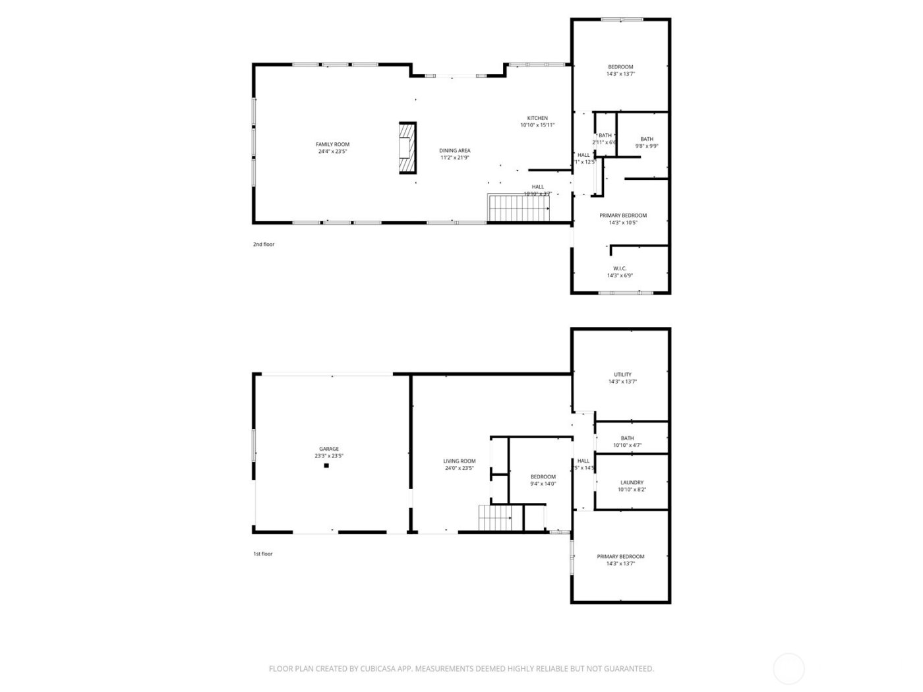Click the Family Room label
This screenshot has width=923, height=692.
click(332, 144)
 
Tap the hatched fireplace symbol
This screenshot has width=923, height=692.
click(408, 148)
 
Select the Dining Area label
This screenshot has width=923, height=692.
click(455, 150)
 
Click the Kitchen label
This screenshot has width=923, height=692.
click(537, 118)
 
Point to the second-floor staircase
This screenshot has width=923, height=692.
click(519, 208)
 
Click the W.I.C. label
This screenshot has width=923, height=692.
click(620, 268)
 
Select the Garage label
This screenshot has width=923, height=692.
click(329, 449)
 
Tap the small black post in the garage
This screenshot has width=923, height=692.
click(326, 465)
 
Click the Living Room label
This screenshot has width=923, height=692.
click(459, 461)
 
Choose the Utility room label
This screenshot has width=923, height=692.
click(622, 374)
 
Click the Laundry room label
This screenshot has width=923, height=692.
click(632, 482)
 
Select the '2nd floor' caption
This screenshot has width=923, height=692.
click(264, 245)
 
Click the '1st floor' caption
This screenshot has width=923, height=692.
click(263, 554)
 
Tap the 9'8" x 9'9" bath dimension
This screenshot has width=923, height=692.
click(647, 146)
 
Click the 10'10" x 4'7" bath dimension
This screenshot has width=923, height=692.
click(627, 446)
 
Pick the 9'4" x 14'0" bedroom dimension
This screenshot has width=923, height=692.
click(543, 484)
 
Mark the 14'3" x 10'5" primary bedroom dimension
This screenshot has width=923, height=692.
click(623, 223)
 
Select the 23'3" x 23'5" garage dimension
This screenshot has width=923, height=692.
click(329, 456)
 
